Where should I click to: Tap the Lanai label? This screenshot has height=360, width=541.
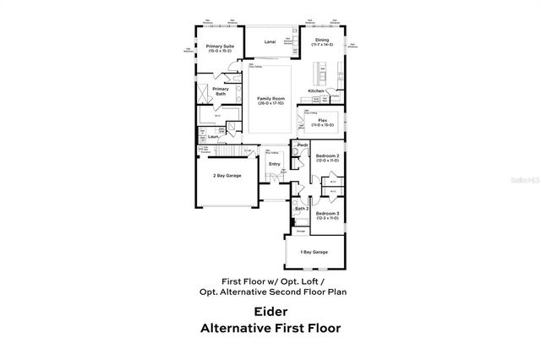tap(270, 41)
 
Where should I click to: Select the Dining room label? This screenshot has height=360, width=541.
tap(322, 39)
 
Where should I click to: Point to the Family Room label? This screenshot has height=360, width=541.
tap(270, 99)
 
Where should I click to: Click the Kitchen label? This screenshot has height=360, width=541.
tap(316, 90)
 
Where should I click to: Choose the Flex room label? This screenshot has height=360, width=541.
tap(323, 120)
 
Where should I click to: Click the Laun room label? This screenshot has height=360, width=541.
tap(214, 136)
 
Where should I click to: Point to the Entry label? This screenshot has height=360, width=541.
tap(274, 164)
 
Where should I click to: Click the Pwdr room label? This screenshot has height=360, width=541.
tap(301, 145)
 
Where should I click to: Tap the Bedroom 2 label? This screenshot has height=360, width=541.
tap(328, 156)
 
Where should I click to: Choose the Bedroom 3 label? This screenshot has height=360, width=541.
tap(328, 214)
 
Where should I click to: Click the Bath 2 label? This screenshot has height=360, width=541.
tap(301, 208)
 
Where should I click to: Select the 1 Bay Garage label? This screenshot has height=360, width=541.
tap(314, 251)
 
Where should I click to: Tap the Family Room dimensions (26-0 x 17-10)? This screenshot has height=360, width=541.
tap(270, 104)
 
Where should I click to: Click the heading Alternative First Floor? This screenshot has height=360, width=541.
tap(270, 328)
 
